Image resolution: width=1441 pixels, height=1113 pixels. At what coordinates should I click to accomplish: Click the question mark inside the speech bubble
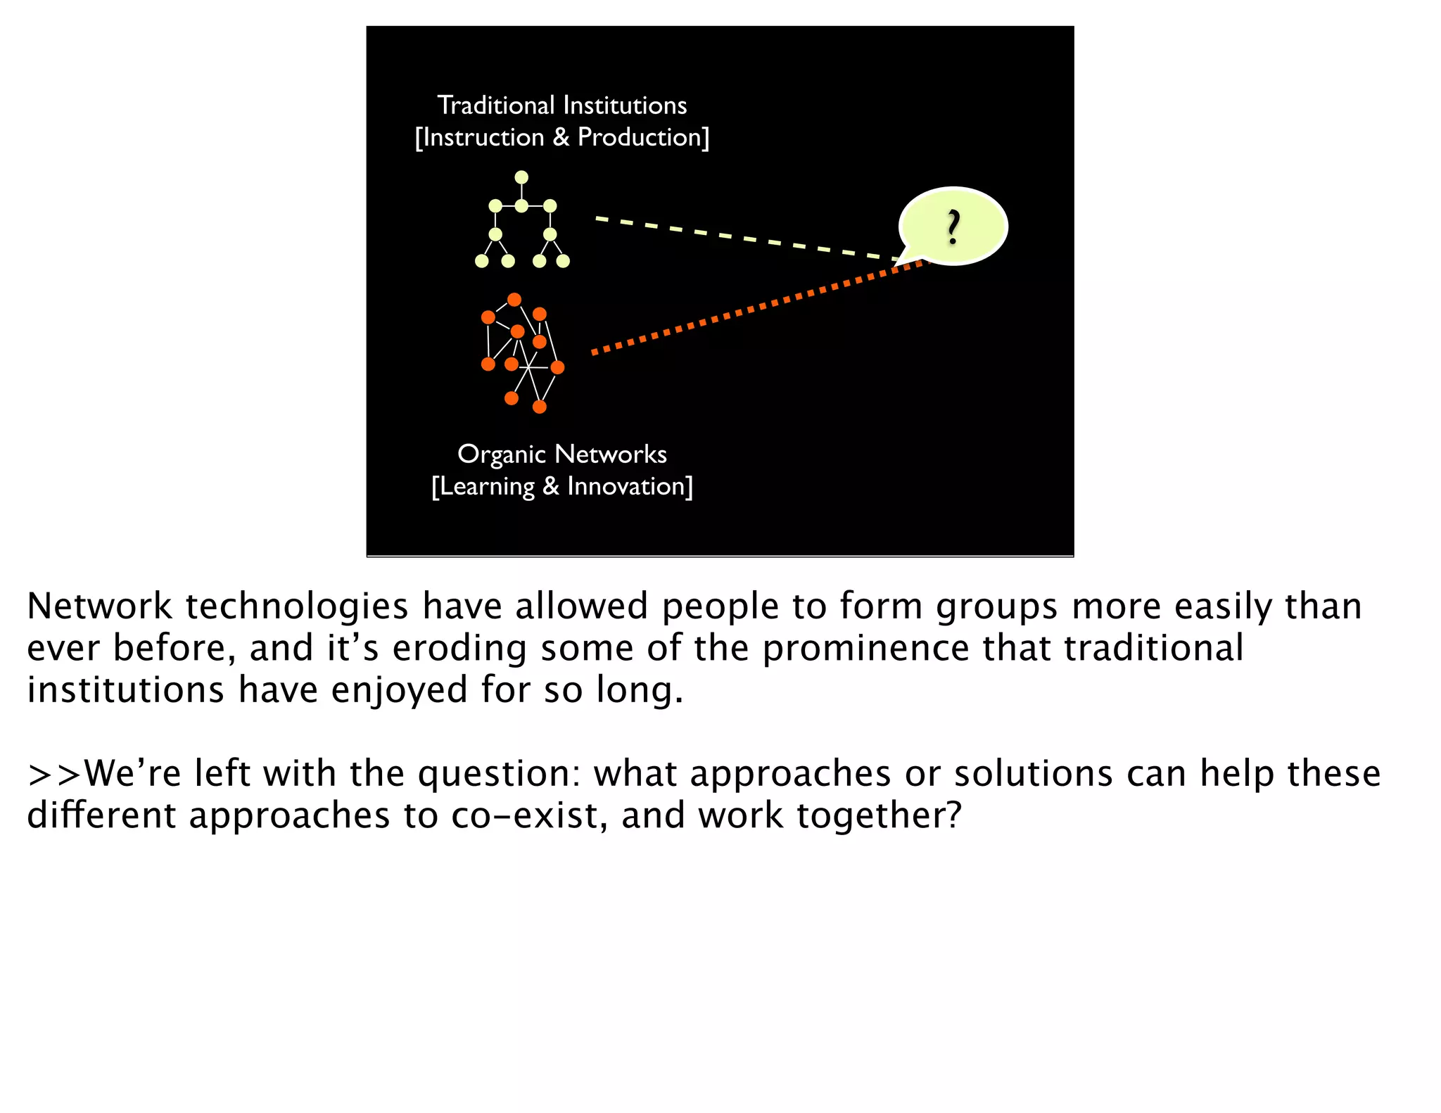[x=953, y=227]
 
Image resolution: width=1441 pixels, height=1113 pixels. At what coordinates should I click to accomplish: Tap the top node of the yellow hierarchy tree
[x=521, y=177]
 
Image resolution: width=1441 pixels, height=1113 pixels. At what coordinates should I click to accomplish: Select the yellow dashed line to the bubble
[x=746, y=239]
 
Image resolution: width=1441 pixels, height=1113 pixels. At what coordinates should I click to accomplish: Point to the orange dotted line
[x=756, y=307]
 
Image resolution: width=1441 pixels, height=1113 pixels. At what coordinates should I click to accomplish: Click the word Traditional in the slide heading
[x=496, y=106]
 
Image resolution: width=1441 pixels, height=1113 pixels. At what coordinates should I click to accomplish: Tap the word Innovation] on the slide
[x=630, y=486]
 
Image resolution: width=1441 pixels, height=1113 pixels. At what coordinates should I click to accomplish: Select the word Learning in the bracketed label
[x=483, y=486]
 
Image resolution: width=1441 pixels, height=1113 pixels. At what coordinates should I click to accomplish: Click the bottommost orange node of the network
[x=540, y=407]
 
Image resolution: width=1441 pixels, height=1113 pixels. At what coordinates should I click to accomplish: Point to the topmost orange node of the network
[x=514, y=300]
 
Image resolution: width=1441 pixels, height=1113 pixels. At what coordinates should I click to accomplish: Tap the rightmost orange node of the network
[x=557, y=367]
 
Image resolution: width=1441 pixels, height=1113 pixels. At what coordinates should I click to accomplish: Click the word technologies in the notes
[x=296, y=606]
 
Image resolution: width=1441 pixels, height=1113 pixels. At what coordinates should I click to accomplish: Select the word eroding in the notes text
[x=459, y=648]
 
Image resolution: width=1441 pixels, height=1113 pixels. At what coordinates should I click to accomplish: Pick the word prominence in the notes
[x=865, y=648]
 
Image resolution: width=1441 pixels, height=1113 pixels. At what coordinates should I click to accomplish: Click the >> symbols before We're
[x=54, y=774]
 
